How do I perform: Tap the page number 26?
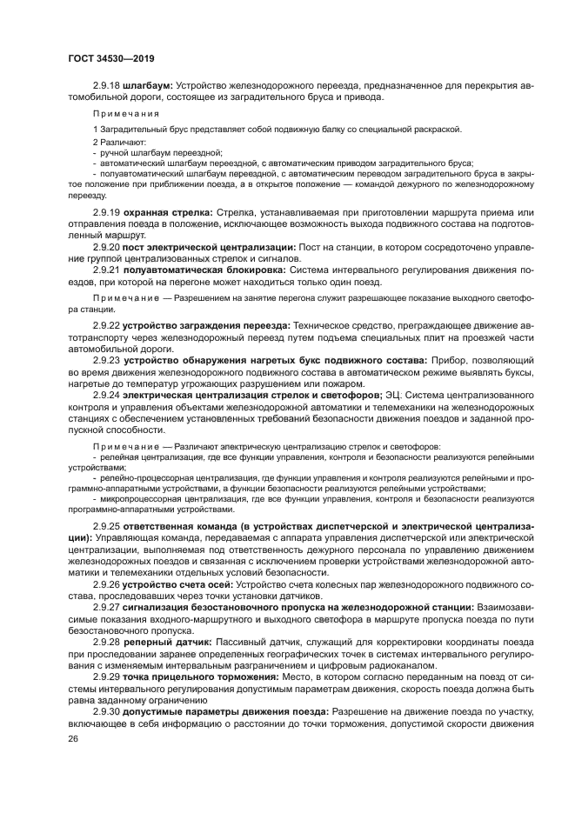click(x=72, y=741)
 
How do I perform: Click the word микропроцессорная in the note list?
click(x=133, y=498)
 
